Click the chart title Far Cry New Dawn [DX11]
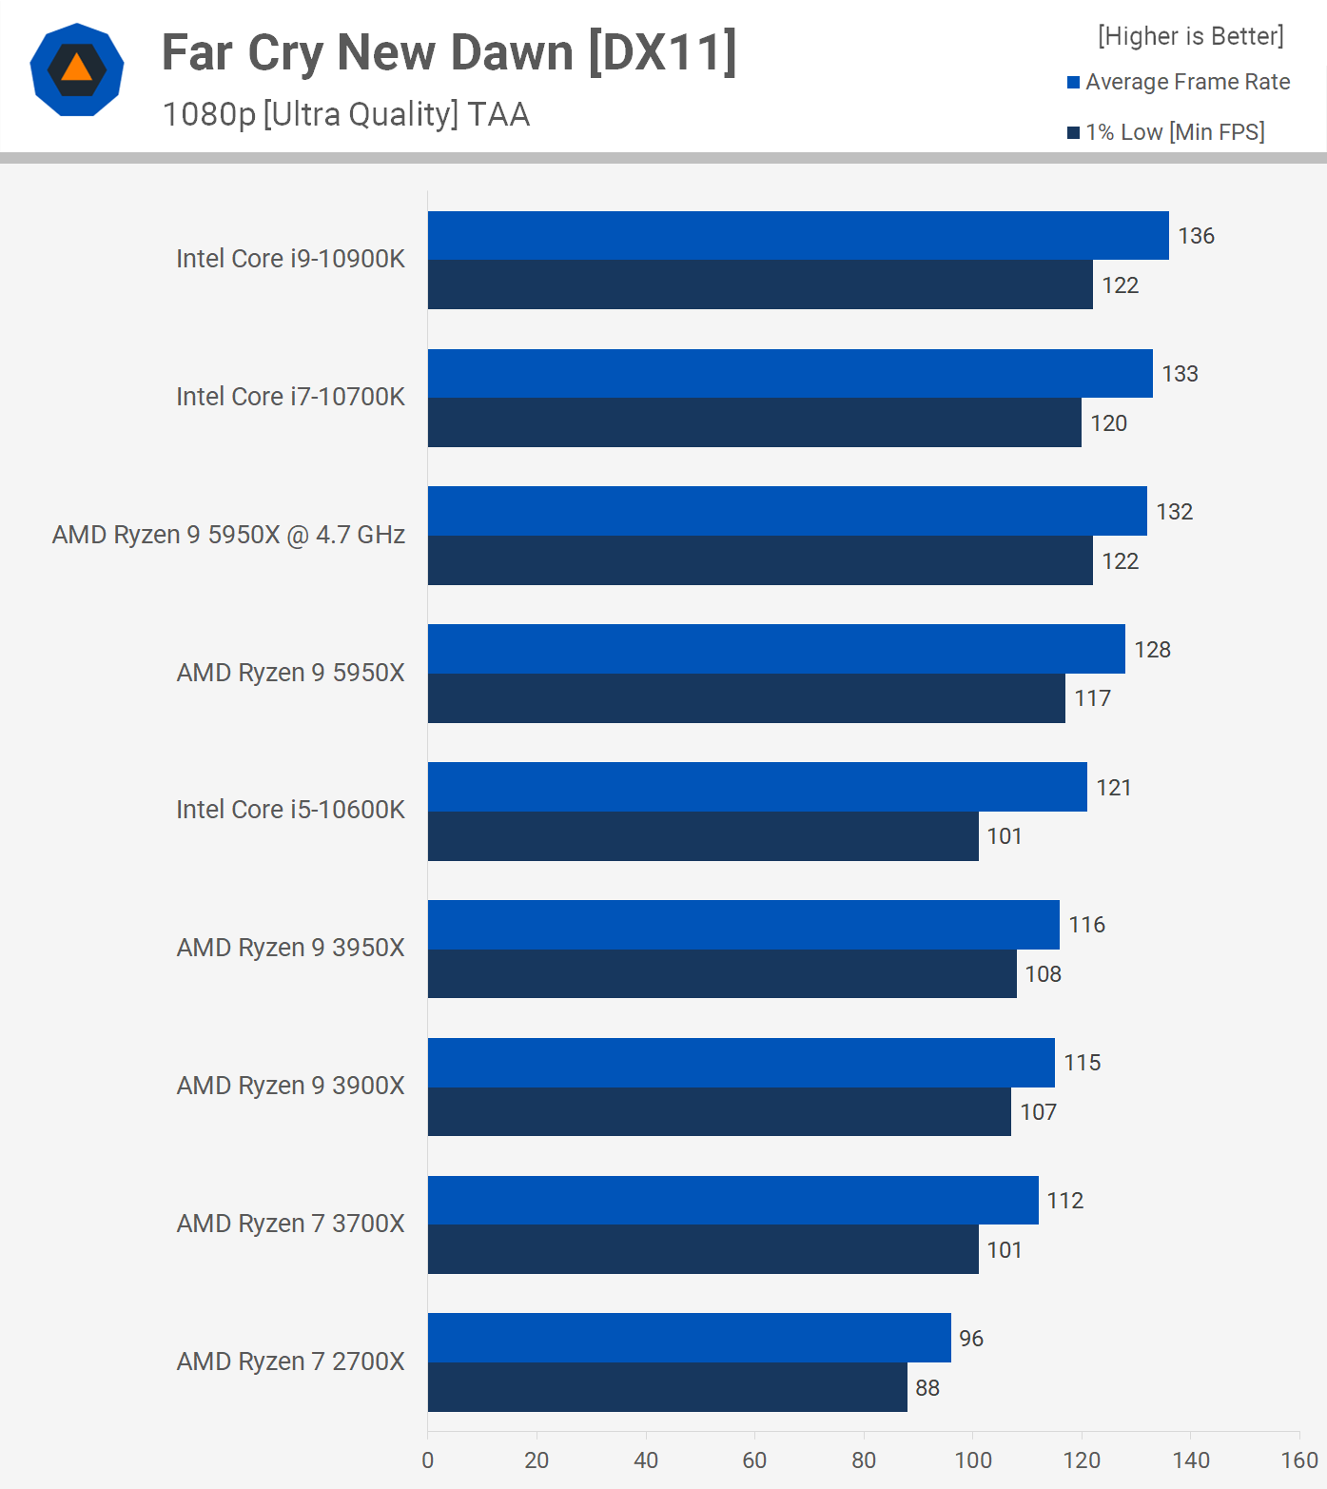pyautogui.click(x=449, y=53)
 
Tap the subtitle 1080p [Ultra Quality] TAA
pyautogui.click(x=346, y=114)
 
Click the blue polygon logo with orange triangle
pyautogui.click(x=77, y=69)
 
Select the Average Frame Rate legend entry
pyautogui.click(x=1180, y=82)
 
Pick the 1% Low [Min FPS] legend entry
pyautogui.click(x=1166, y=132)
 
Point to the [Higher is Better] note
pyautogui.click(x=1190, y=36)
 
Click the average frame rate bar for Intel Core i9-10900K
pyautogui.click(x=798, y=236)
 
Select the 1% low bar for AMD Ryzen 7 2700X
pyautogui.click(x=667, y=1387)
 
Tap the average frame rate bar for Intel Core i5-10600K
pyautogui.click(x=757, y=787)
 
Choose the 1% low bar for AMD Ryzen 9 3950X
pyautogui.click(x=722, y=973)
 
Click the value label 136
pyautogui.click(x=1196, y=236)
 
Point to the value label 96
pyautogui.click(x=971, y=1339)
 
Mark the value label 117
pyautogui.click(x=1092, y=698)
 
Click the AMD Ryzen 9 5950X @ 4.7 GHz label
pyautogui.click(x=228, y=535)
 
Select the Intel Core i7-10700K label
pyautogui.click(x=290, y=397)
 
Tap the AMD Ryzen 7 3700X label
pyautogui.click(x=290, y=1224)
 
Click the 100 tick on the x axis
pyautogui.click(x=972, y=1460)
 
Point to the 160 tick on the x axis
pyautogui.click(x=1299, y=1460)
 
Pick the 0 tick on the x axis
pyautogui.click(x=428, y=1460)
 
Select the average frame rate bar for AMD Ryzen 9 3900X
pyautogui.click(x=741, y=1063)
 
